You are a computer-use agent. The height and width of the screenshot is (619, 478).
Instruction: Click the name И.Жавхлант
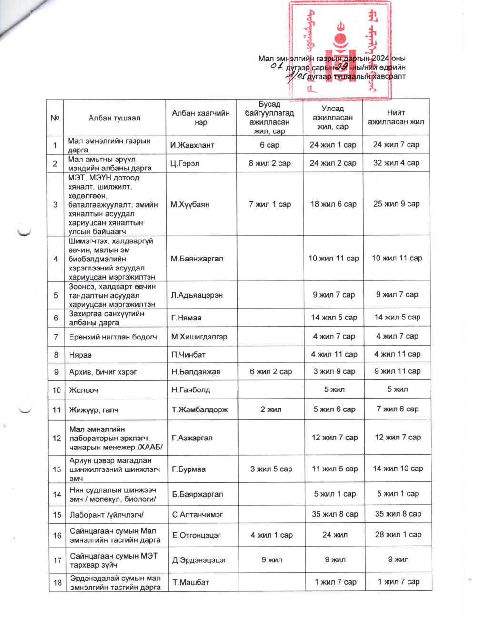pyautogui.click(x=192, y=145)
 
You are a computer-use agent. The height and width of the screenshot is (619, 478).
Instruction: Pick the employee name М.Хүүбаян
pyautogui.click(x=190, y=204)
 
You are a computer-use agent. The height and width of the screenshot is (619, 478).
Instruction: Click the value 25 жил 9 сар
pyautogui.click(x=397, y=204)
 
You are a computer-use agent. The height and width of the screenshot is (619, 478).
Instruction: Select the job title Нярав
pyautogui.click(x=79, y=354)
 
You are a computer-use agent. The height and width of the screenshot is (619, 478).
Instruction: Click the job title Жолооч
pyautogui.click(x=81, y=390)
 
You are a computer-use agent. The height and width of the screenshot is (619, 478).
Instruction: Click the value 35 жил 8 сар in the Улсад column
pyautogui.click(x=335, y=514)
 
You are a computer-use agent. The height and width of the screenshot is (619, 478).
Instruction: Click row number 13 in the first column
pyautogui.click(x=57, y=469)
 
